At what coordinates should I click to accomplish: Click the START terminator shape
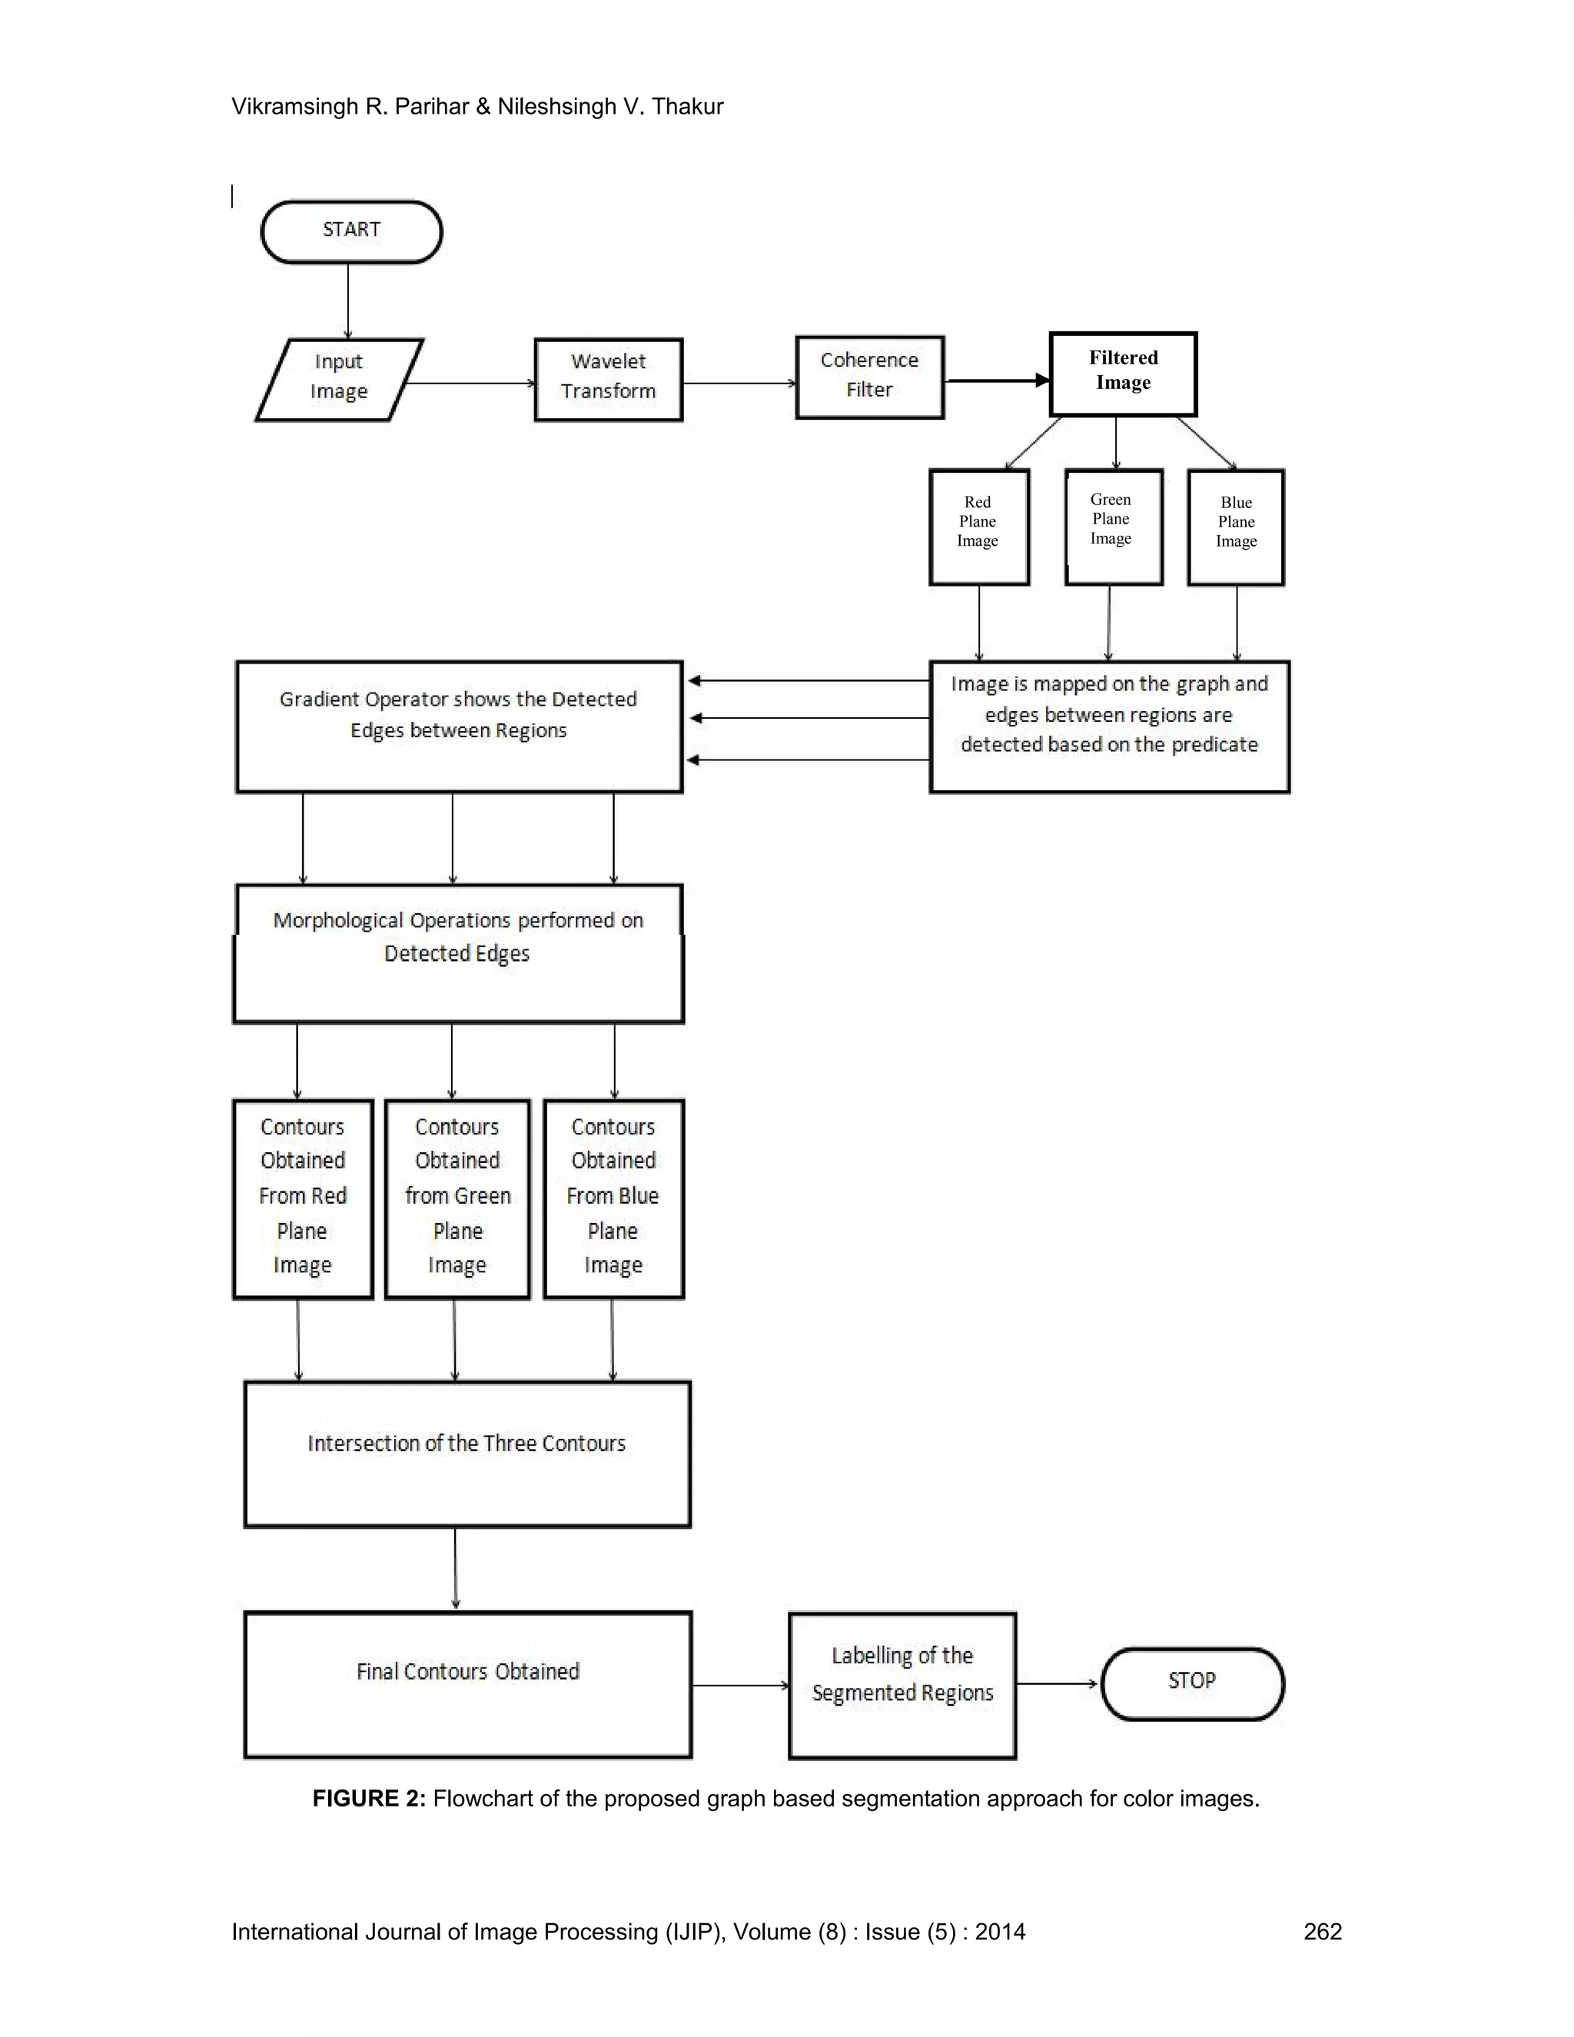(351, 231)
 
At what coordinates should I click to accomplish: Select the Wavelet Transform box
(608, 379)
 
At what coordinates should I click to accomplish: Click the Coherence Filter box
(869, 377)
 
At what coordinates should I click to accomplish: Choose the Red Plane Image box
(978, 527)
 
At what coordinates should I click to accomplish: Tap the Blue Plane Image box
(1236, 527)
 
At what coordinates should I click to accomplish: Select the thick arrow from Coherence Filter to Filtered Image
(996, 380)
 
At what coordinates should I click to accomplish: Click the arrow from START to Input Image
(348, 301)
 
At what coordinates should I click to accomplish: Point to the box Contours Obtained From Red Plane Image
(302, 1198)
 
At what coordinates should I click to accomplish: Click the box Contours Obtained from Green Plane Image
(457, 1198)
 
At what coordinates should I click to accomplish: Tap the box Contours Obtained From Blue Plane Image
(613, 1198)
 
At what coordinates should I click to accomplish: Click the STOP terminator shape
(1192, 1683)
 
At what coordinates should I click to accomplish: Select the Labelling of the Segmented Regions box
(902, 1686)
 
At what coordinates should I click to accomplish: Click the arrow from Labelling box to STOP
(1058, 1683)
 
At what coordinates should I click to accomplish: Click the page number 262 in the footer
(1321, 1932)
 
